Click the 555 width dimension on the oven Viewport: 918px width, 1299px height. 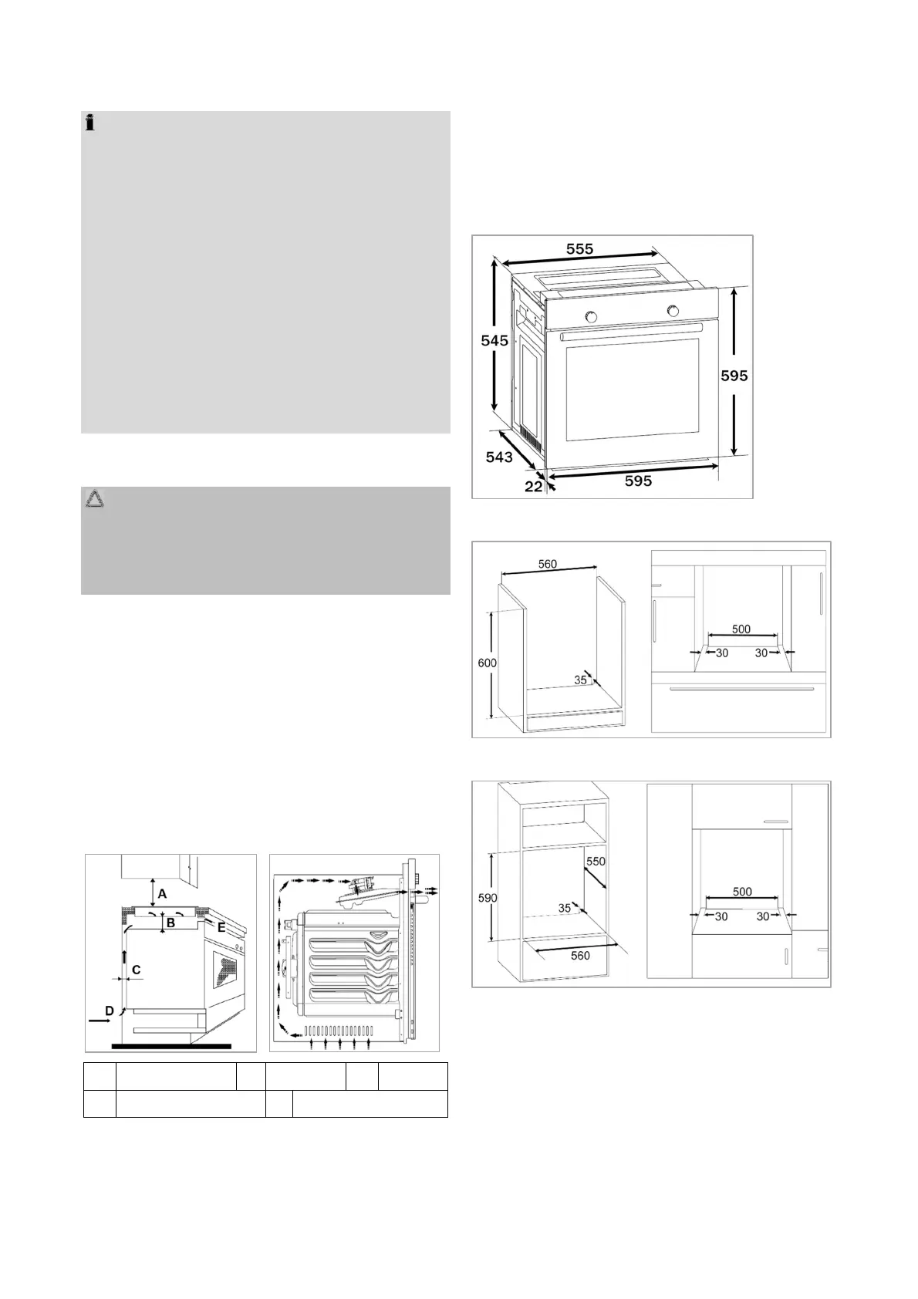click(579, 249)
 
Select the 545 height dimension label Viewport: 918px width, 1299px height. click(494, 340)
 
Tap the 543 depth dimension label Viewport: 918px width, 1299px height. click(499, 457)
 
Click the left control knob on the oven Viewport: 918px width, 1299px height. click(592, 316)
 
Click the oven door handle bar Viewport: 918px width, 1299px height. click(632, 333)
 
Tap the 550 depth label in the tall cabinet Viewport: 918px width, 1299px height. click(596, 861)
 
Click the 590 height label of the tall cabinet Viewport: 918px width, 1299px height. click(487, 898)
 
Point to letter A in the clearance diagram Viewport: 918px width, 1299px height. click(161, 894)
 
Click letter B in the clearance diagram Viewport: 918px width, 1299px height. click(171, 923)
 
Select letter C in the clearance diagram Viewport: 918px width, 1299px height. click(136, 970)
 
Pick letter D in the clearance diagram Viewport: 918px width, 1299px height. click(110, 1010)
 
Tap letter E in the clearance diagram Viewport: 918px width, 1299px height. click(221, 928)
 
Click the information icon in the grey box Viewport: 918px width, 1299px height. click(90, 122)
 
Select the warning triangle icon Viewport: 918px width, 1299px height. click(95, 500)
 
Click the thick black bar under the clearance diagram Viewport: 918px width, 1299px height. click(170, 1046)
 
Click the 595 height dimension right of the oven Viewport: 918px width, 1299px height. click(734, 376)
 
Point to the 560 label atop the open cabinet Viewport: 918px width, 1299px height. click(547, 564)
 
